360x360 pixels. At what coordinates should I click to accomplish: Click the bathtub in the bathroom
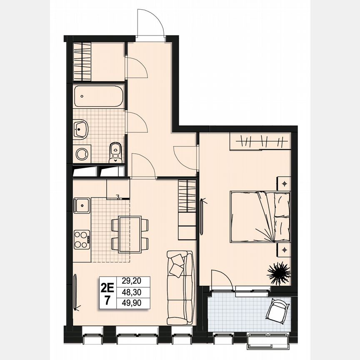coord(99,97)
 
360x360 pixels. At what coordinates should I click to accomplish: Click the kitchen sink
coord(82,205)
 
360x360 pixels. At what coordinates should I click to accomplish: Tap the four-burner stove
coord(82,239)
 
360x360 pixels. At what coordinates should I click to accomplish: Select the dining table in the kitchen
coord(130,234)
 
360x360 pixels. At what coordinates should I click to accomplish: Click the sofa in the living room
coord(180,287)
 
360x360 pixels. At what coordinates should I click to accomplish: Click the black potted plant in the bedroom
coord(279,272)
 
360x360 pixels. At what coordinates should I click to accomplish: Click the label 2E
coord(107,287)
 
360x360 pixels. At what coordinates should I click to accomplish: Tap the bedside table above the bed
coord(284,183)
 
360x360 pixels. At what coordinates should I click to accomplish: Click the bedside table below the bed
coord(284,250)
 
